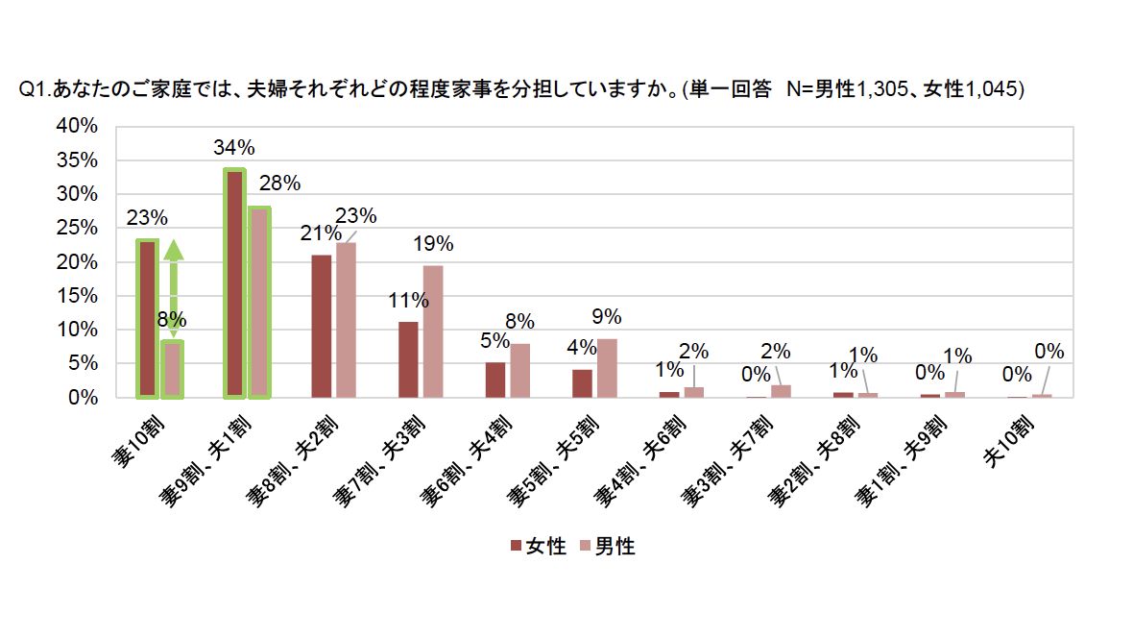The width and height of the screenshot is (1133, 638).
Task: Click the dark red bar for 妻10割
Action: pyautogui.click(x=147, y=319)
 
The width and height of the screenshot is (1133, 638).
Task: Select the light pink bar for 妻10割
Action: pyautogui.click(x=172, y=369)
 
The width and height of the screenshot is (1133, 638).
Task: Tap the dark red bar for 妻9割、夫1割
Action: pyautogui.click(x=234, y=283)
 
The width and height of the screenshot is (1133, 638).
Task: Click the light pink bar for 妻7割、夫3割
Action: pyautogui.click(x=433, y=331)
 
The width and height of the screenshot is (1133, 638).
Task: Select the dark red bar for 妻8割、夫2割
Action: pyautogui.click(x=322, y=326)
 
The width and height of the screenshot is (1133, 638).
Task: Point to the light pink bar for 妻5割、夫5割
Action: pyautogui.click(x=607, y=368)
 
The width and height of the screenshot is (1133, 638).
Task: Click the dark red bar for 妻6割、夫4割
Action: pyautogui.click(x=495, y=380)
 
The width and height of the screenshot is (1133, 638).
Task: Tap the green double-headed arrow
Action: pyautogui.click(x=173, y=288)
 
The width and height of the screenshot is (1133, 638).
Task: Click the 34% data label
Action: pyautogui.click(x=234, y=148)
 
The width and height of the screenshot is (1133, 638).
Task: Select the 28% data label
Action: pyautogui.click(x=280, y=183)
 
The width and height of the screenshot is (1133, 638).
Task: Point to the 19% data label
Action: pyautogui.click(x=433, y=244)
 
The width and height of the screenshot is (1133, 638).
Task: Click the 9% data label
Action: pyautogui.click(x=607, y=317)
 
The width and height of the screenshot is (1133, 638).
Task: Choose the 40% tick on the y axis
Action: pyautogui.click(x=78, y=126)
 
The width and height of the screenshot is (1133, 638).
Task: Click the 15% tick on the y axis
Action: pyautogui.click(x=78, y=296)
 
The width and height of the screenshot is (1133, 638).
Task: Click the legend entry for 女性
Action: pyautogui.click(x=538, y=547)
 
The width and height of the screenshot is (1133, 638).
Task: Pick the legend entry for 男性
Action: pyautogui.click(x=607, y=547)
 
